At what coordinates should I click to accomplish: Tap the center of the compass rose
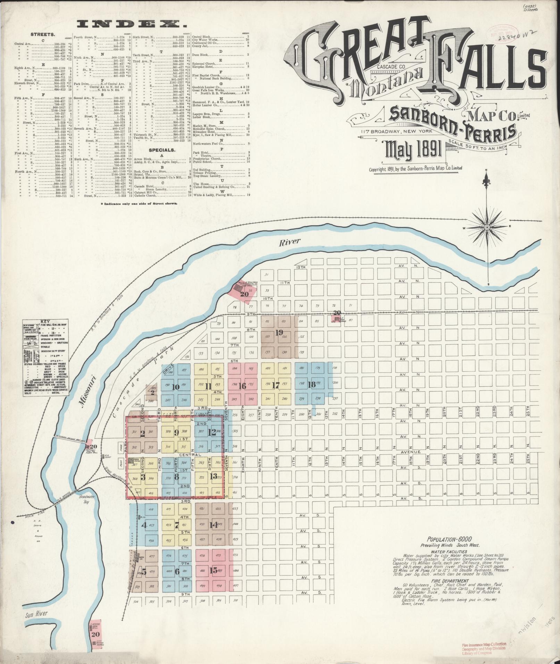(x=487, y=227)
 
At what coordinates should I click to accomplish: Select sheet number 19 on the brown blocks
(x=279, y=333)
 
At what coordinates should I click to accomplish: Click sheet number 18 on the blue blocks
(x=312, y=384)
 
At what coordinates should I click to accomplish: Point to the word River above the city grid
(x=291, y=242)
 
